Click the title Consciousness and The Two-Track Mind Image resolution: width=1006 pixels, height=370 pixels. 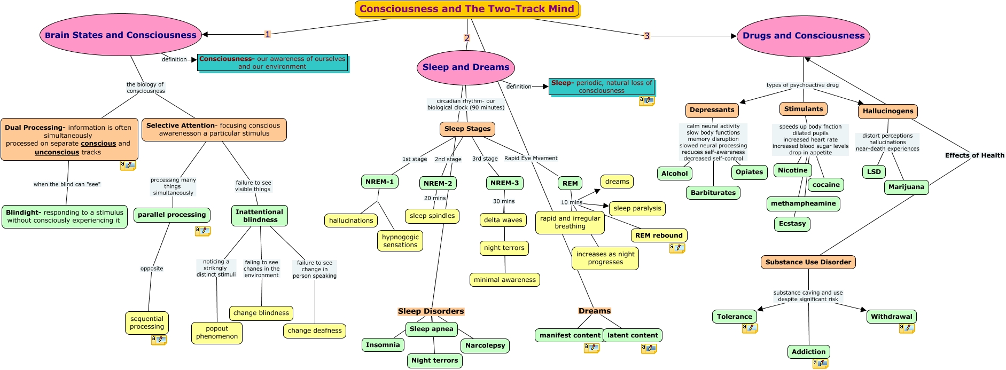tap(467, 9)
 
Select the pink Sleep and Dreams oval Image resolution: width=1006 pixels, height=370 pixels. tap(466, 67)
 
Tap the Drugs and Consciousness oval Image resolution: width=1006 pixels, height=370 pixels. tap(804, 36)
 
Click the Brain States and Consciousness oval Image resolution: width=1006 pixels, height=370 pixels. tap(121, 35)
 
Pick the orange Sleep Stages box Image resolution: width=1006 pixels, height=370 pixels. tap(467, 129)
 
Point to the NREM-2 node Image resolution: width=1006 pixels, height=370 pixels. tap(438, 183)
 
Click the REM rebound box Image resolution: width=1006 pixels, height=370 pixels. tap(659, 235)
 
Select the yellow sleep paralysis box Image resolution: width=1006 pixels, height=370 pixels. tap(637, 208)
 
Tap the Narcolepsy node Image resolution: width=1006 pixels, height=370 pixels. tap(485, 345)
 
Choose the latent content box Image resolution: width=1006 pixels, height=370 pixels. tap(633, 335)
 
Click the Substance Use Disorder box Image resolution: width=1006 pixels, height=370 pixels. tap(808, 262)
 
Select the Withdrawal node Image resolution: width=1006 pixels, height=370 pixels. tap(892, 317)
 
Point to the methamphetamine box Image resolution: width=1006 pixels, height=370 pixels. tap(804, 203)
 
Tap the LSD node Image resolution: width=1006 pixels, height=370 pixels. tap(874, 171)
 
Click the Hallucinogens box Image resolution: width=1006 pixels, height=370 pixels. tap(888, 111)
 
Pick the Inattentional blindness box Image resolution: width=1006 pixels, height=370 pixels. tap(260, 216)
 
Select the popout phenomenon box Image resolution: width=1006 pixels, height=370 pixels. tap(217, 333)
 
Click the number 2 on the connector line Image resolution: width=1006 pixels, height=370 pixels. tap(467, 38)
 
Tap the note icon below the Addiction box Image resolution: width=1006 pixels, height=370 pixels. tap(820, 364)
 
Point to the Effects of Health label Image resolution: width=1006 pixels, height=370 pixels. tap(974, 155)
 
